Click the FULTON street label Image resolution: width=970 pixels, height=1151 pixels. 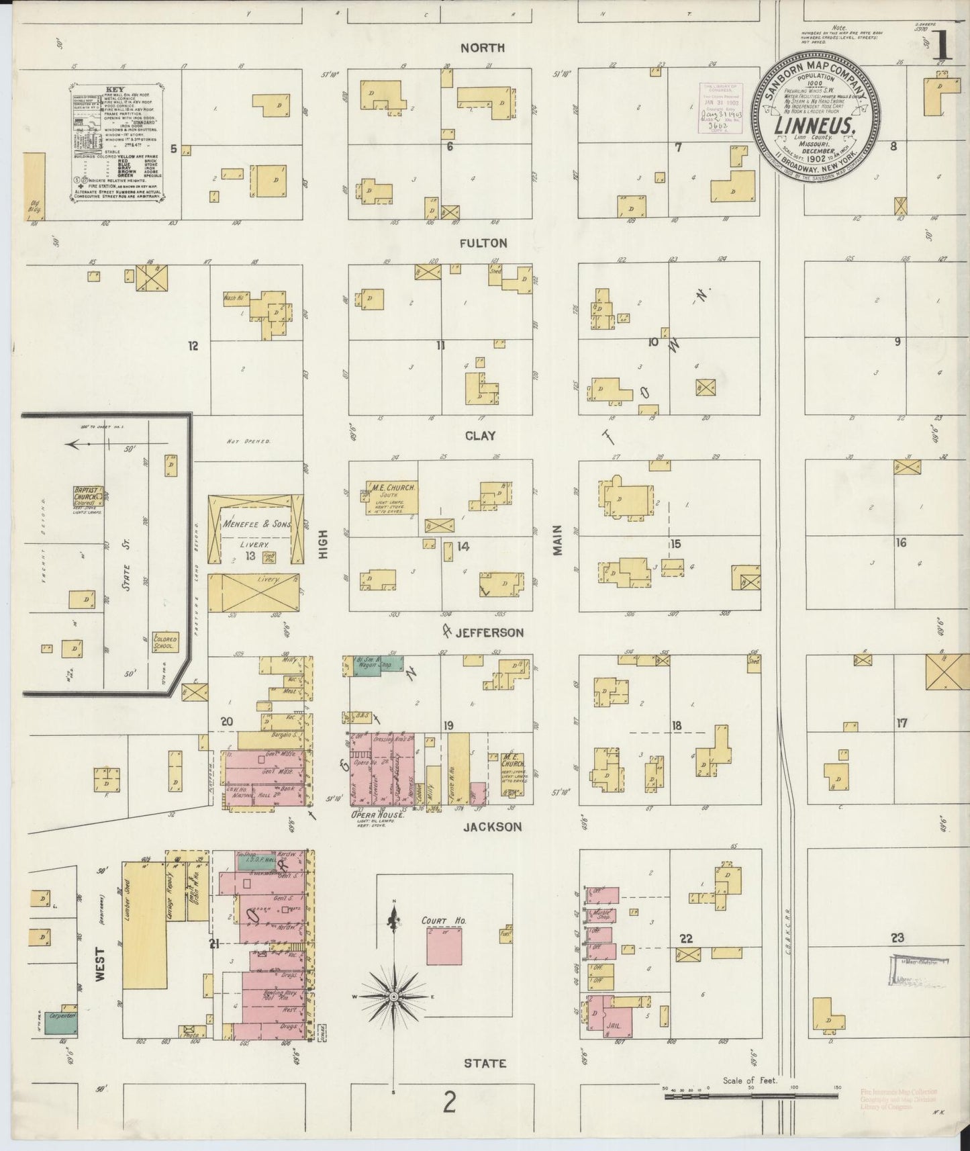483,243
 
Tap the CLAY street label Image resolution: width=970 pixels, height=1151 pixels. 480,436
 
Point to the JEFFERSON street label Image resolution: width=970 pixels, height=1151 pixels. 489,633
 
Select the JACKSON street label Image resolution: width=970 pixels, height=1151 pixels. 492,827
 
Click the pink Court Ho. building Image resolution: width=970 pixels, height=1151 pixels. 444,943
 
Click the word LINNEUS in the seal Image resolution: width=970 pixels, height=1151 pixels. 814,126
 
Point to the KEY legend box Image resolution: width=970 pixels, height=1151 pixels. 117,142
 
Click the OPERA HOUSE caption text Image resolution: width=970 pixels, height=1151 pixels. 377,814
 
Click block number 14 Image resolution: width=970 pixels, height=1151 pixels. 463,547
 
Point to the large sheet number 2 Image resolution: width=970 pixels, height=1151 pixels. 449,1102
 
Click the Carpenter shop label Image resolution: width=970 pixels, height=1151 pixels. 60,1016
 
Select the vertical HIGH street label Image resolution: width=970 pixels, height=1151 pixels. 324,542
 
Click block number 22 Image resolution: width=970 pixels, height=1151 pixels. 685,939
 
